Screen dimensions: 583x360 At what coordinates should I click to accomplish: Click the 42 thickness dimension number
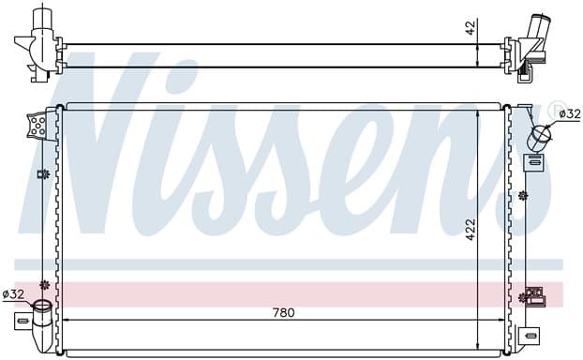471,28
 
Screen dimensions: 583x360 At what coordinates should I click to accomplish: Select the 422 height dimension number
471,230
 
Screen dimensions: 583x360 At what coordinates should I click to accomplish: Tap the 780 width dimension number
284,313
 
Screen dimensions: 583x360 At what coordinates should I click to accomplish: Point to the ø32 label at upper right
570,113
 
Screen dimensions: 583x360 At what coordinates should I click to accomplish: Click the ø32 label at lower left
13,294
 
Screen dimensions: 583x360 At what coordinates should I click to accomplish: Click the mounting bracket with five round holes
37,125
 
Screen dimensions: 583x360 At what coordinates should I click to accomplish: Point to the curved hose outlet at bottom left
41,322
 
